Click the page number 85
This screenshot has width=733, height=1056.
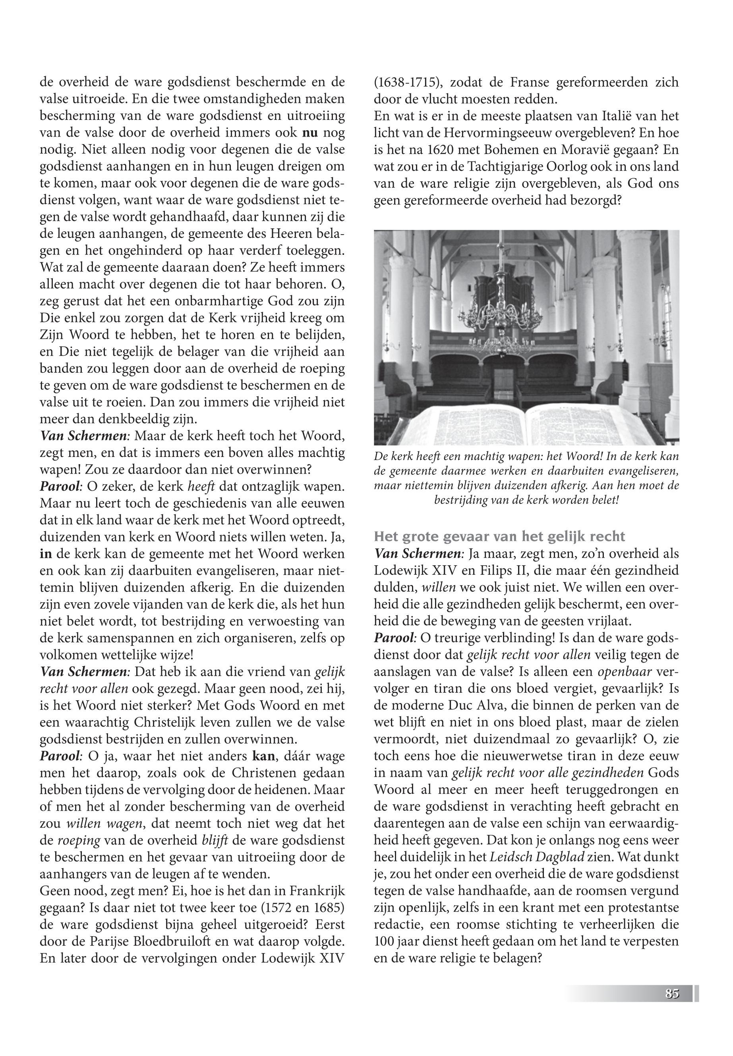pos(671,994)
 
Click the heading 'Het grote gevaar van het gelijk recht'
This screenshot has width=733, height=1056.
pos(500,536)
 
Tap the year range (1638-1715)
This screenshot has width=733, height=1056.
pos(408,83)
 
